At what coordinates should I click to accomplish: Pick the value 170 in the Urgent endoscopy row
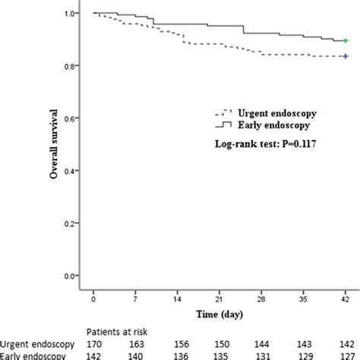pyautogui.click(x=93, y=343)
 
